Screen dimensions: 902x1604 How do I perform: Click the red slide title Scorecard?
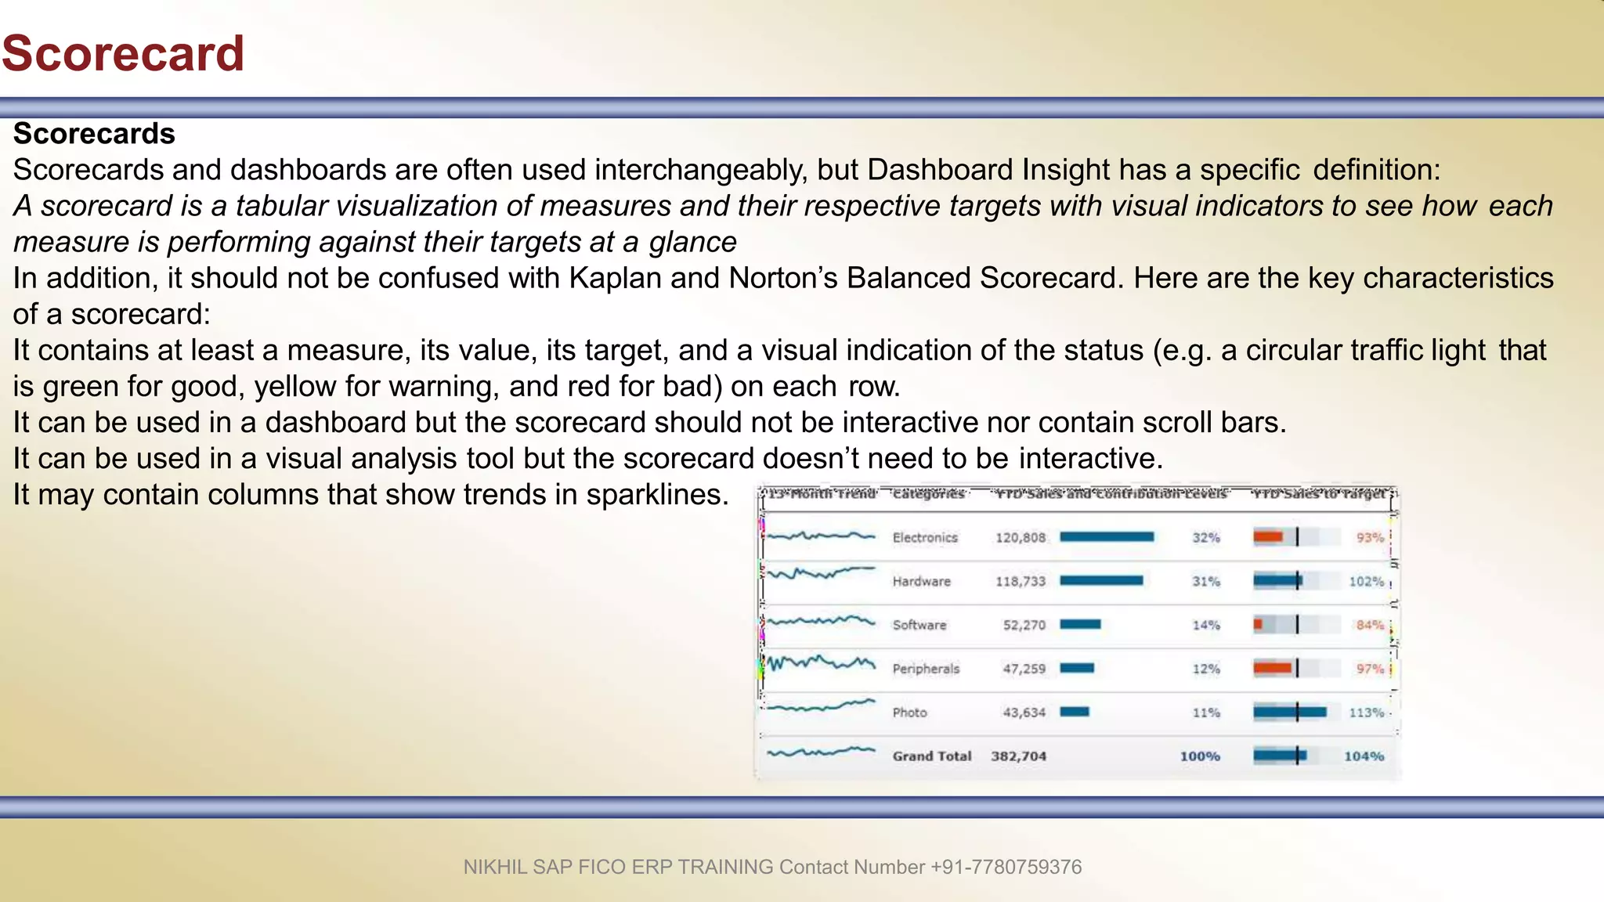(123, 53)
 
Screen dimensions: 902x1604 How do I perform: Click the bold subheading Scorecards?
(94, 134)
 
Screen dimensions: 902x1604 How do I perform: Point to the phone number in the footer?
(1006, 867)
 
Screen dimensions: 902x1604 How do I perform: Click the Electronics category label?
(925, 538)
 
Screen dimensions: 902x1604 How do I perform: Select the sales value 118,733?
(1020, 582)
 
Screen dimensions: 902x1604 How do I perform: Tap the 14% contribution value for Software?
(1205, 626)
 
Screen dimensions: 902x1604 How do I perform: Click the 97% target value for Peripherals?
(1370, 669)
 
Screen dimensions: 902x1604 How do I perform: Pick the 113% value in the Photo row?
(1366, 713)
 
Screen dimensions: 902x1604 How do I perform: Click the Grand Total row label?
(931, 756)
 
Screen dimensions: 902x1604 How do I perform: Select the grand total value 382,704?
(1018, 756)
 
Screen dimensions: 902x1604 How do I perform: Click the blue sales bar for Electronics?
(1106, 537)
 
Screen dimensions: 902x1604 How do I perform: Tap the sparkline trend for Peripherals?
(821, 664)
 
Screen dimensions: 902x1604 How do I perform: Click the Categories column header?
(928, 494)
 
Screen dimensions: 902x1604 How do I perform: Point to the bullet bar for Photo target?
(1289, 713)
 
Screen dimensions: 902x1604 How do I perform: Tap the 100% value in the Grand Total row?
(1200, 756)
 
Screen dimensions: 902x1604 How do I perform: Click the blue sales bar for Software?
(1080, 625)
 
